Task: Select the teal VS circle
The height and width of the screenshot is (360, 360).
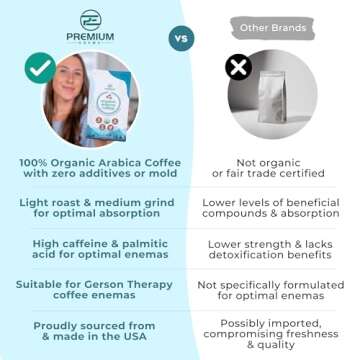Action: pos(181,38)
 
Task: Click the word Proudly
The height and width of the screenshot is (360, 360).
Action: pos(58,325)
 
